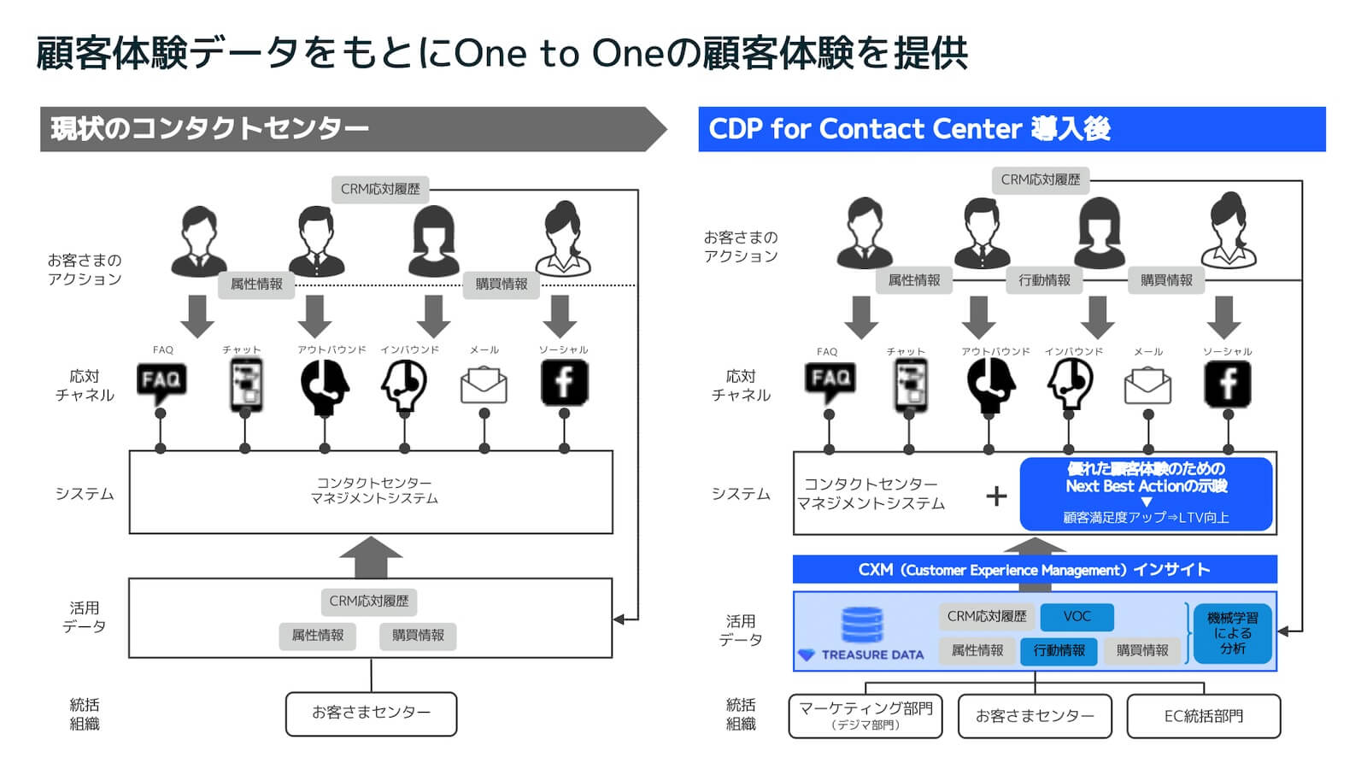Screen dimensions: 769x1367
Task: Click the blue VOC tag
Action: (x=1077, y=616)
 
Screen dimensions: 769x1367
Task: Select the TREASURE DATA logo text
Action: (x=872, y=655)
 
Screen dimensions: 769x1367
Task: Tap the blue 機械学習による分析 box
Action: (x=1232, y=633)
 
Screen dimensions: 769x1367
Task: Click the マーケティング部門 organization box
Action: (x=865, y=715)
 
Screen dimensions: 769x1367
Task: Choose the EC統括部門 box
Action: (x=1203, y=716)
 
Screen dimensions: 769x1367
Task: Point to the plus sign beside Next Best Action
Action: (x=996, y=496)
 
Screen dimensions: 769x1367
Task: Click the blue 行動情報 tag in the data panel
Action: (x=1059, y=650)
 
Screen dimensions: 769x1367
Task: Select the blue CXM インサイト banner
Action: (x=1034, y=570)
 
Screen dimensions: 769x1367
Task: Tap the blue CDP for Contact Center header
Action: (x=1012, y=129)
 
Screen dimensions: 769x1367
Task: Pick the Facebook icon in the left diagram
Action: (x=564, y=382)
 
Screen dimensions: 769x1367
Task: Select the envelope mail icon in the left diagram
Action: (x=484, y=385)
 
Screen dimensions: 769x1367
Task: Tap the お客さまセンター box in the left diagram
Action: (x=371, y=713)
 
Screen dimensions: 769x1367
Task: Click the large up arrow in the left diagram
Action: (x=371, y=556)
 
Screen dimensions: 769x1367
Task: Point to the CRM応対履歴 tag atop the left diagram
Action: (x=380, y=189)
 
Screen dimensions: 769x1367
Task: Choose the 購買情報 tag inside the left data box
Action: (x=418, y=635)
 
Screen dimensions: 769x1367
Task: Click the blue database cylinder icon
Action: (x=862, y=625)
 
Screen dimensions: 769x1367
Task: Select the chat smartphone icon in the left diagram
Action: (x=245, y=384)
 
